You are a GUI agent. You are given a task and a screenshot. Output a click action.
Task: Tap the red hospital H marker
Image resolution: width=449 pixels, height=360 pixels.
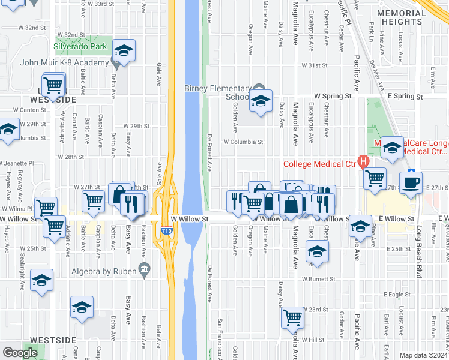(x=363, y=161)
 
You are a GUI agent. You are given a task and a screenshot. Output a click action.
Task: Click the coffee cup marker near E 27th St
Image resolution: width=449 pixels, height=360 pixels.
(x=411, y=182)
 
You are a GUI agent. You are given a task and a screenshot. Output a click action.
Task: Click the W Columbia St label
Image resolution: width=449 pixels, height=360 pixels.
(x=243, y=142)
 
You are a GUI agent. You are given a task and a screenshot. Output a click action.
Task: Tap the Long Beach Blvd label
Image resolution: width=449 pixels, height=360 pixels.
(x=419, y=253)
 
